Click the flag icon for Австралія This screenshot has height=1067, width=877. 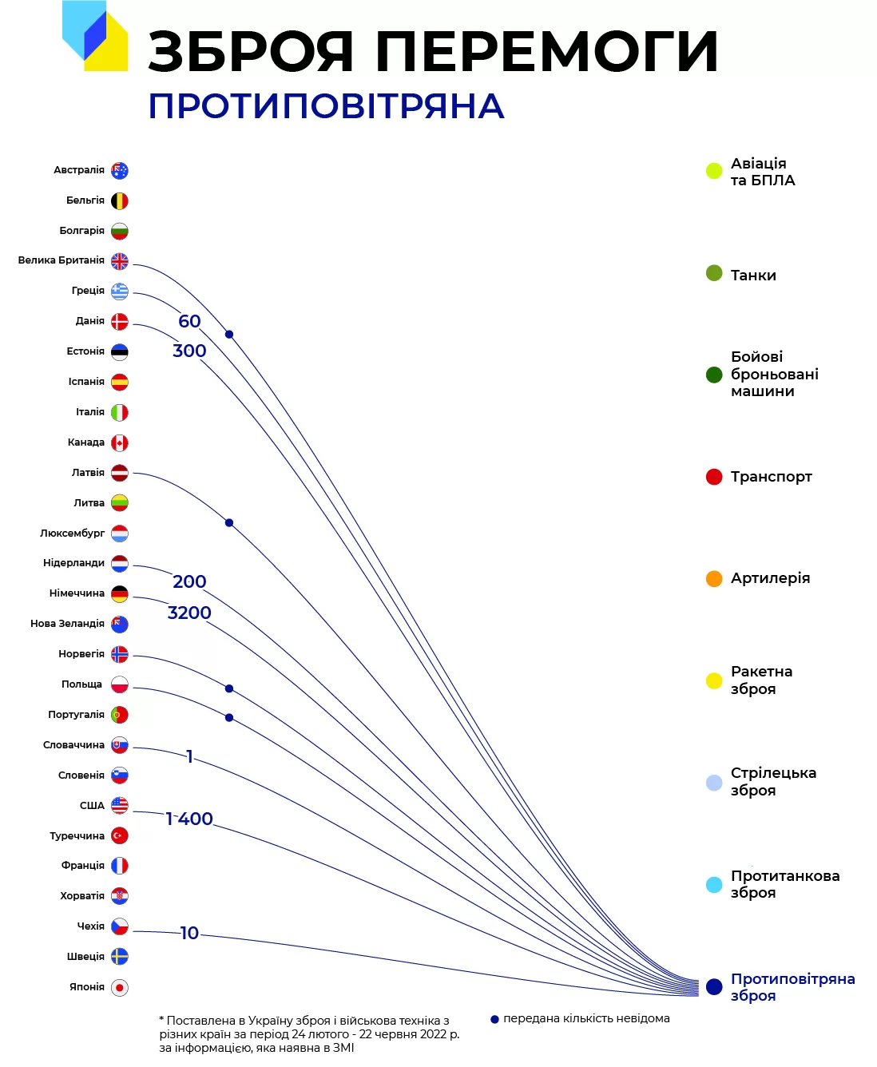point(120,170)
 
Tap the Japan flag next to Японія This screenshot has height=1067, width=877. point(120,987)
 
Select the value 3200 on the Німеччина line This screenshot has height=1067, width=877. point(189,613)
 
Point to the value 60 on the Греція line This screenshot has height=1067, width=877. point(189,321)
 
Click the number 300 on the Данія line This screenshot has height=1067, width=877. point(189,351)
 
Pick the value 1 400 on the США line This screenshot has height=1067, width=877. point(189,819)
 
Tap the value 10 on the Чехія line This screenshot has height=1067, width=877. point(189,933)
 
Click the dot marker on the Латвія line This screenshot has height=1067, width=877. point(229,522)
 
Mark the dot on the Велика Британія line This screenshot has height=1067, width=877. point(229,335)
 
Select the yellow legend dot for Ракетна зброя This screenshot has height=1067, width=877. point(713,680)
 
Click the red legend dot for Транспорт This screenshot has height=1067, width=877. point(713,477)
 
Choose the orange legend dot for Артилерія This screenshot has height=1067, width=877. point(713,578)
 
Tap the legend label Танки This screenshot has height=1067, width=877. point(753,276)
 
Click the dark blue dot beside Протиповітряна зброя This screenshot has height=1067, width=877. point(713,986)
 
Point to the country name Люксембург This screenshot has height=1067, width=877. point(73,533)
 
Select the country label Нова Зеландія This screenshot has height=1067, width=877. point(67,623)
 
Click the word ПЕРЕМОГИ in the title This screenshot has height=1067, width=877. point(546,51)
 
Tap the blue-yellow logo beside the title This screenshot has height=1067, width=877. point(95,36)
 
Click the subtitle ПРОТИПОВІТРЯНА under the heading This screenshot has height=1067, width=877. point(327,106)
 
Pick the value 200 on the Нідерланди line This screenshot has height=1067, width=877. point(189,581)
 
